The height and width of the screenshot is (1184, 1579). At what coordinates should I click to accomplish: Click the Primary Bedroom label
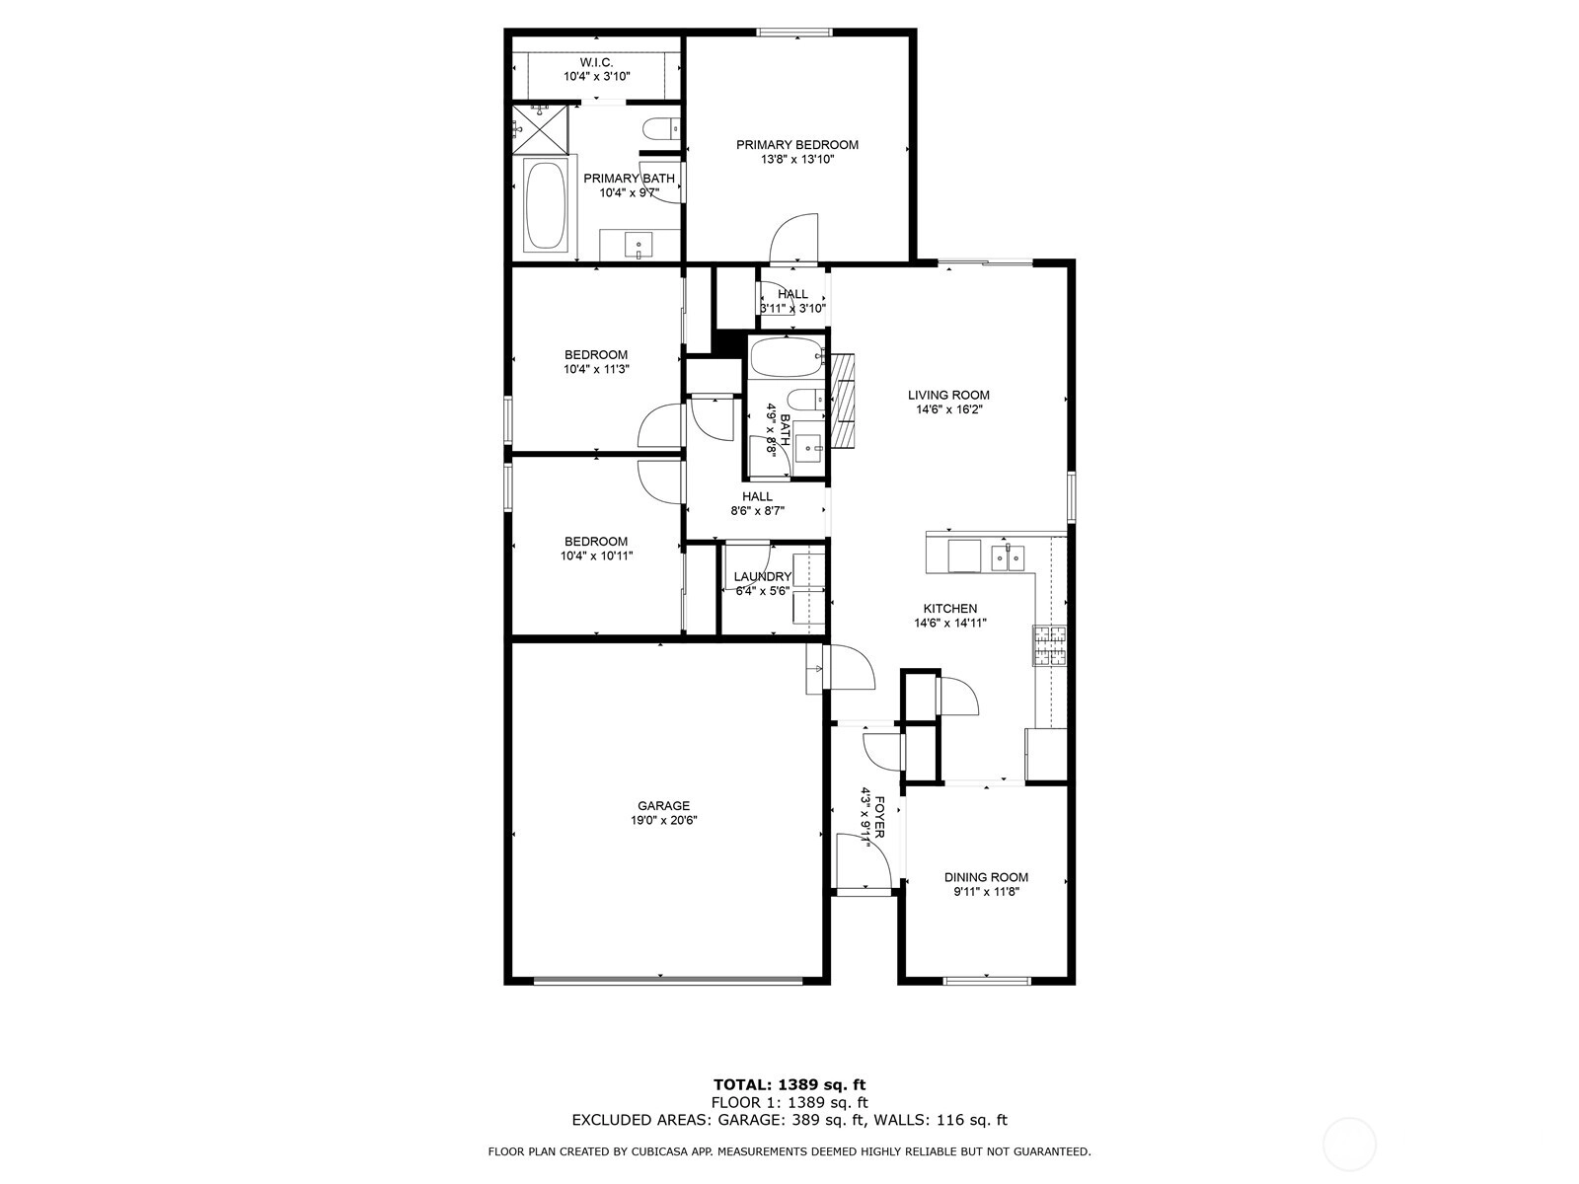click(797, 144)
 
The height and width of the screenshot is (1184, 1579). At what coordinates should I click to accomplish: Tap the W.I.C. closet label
click(596, 62)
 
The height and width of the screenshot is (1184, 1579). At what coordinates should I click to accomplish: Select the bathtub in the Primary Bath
click(545, 205)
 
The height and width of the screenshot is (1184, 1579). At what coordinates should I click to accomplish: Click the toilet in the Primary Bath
click(660, 130)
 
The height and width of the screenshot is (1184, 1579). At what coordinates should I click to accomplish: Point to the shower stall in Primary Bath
click(540, 128)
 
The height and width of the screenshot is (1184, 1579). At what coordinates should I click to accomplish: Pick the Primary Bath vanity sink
click(639, 244)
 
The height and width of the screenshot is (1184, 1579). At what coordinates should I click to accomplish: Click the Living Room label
click(948, 395)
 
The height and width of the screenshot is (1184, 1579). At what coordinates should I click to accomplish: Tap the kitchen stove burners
click(1050, 645)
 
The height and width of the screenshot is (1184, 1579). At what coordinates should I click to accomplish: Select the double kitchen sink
click(1008, 557)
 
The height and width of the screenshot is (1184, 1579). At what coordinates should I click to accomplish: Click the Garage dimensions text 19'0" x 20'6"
click(663, 820)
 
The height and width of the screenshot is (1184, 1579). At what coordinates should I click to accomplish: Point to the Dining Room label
click(986, 877)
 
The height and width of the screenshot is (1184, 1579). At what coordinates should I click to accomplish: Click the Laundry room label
click(763, 576)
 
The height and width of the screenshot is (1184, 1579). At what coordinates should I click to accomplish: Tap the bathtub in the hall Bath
click(786, 357)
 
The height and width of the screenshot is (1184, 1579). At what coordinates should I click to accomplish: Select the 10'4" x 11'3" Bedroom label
click(596, 354)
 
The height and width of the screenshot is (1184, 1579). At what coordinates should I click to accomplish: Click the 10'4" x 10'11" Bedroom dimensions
click(596, 555)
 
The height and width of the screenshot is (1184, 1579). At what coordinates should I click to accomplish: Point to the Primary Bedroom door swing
click(793, 237)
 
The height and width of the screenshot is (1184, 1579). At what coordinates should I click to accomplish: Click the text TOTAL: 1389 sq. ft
click(789, 1084)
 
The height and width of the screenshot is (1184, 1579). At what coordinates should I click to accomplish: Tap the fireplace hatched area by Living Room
click(843, 401)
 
